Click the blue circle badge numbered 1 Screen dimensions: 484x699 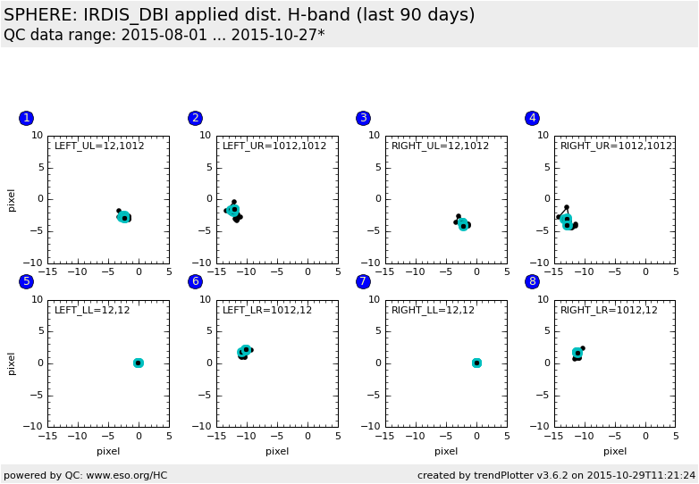pos(26,118)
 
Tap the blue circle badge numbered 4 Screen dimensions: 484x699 pos(533,118)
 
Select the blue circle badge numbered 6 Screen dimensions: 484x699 pos(195,281)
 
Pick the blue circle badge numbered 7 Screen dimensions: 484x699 pos(363,281)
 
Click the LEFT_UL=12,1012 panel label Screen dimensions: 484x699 pos(93,146)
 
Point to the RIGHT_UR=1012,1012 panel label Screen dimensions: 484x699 pos(616,146)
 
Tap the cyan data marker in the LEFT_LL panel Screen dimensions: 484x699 pos(139,363)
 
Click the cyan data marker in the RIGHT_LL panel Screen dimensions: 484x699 pos(476,363)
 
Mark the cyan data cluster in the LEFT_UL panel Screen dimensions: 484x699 pos(124,217)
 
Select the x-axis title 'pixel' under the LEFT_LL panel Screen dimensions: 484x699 pos(108,451)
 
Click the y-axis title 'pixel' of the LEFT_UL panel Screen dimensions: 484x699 pos(12,199)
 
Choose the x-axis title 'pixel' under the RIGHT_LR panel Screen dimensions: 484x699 pos(615,451)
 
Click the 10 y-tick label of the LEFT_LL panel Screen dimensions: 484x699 pos(37,300)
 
